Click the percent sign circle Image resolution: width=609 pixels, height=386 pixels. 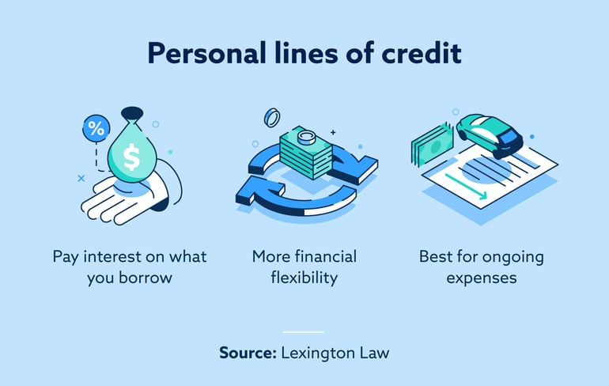click(96, 127)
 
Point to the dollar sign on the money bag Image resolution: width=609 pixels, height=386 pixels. click(131, 157)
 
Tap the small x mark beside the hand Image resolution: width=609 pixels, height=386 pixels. click(81, 179)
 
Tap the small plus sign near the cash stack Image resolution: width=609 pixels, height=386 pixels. click(333, 132)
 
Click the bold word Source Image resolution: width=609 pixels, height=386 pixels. click(248, 353)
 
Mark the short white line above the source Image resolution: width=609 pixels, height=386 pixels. click(304, 331)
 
